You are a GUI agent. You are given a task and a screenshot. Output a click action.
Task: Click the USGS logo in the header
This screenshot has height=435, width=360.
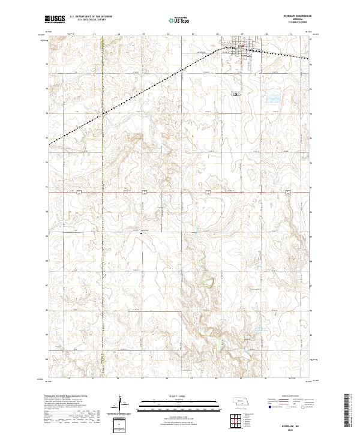pos(55,20)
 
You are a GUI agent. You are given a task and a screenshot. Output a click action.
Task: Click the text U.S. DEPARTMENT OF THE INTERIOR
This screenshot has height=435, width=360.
pos(91,17)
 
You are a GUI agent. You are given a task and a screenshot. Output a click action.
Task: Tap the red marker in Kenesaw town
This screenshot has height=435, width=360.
pos(242,46)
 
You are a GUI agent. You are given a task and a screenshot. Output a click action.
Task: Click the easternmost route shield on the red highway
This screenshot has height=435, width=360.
pos(288,192)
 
